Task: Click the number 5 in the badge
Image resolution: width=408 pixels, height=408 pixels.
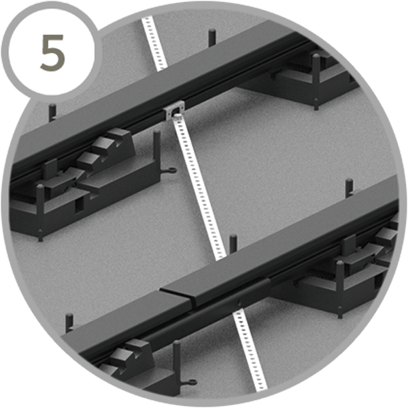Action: [52, 52]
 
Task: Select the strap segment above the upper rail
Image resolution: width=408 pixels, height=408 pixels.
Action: [154, 43]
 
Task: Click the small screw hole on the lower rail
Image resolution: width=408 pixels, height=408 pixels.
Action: [239, 303]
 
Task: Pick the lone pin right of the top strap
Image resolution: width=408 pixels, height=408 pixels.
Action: [212, 37]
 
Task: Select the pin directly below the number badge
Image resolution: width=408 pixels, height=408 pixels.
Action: [52, 112]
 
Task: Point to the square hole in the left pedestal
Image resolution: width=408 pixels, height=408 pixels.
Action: [78, 205]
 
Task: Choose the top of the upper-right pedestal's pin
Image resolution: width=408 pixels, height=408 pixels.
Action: [316, 56]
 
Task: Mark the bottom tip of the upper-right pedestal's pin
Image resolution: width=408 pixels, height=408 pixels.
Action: [316, 109]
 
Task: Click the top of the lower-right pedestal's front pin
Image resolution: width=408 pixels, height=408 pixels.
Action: [339, 263]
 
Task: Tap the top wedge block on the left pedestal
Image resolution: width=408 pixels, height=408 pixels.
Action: [118, 135]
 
